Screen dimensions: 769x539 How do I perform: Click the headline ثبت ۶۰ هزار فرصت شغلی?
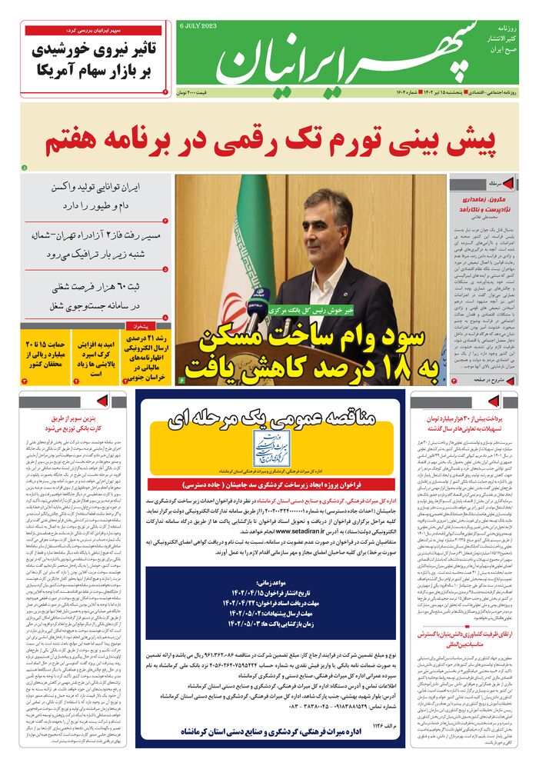[96, 296]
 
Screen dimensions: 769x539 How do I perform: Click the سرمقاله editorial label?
[492, 185]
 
